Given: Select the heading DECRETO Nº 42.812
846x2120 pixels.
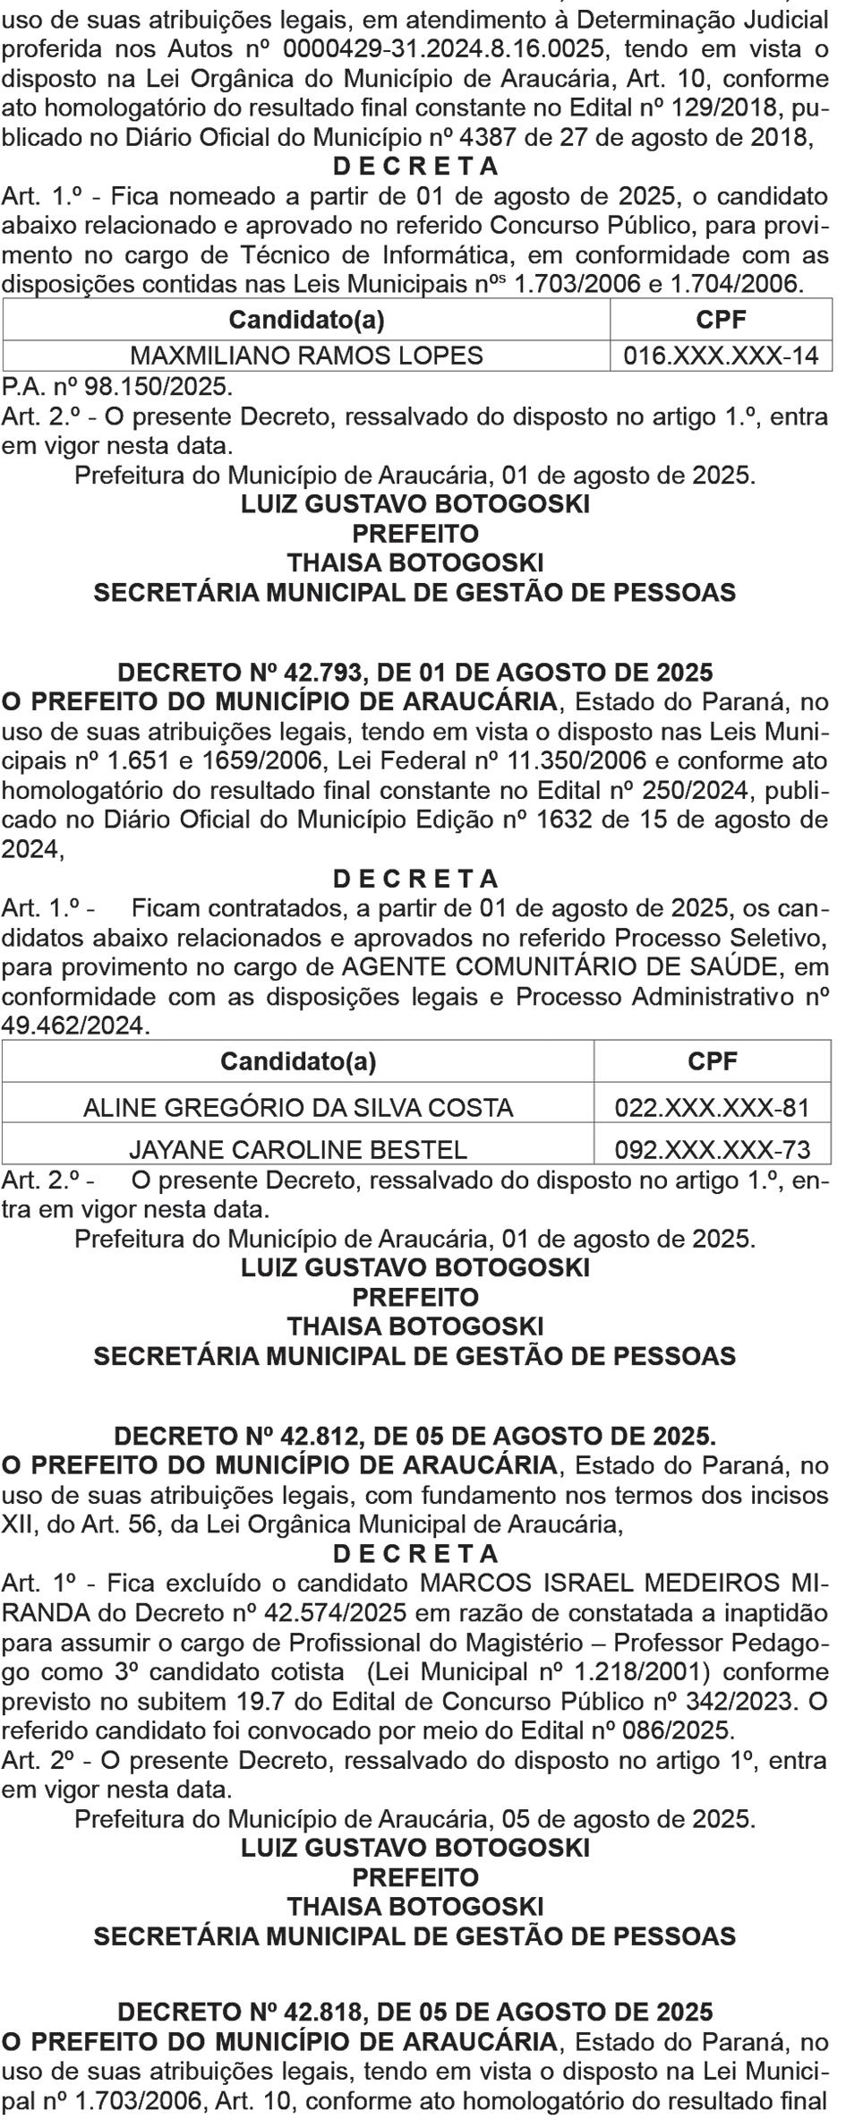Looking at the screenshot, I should click(x=415, y=1437).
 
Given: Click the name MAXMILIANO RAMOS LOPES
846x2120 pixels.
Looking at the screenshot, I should click(x=307, y=356).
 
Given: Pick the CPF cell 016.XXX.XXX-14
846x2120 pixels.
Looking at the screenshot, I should click(x=721, y=356).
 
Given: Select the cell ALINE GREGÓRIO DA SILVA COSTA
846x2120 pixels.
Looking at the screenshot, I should click(x=298, y=1108).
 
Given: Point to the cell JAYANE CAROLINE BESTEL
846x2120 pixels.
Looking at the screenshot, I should click(x=298, y=1149).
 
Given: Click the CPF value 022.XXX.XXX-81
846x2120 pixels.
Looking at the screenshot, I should click(x=712, y=1108).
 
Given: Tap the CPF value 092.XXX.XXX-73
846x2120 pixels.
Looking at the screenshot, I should click(x=712, y=1149).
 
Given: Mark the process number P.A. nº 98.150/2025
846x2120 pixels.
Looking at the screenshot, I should click(x=116, y=387).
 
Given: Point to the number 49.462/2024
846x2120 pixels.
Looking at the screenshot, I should click(x=73, y=1026).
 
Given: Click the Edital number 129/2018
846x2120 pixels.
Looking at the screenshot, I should click(x=716, y=108).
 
